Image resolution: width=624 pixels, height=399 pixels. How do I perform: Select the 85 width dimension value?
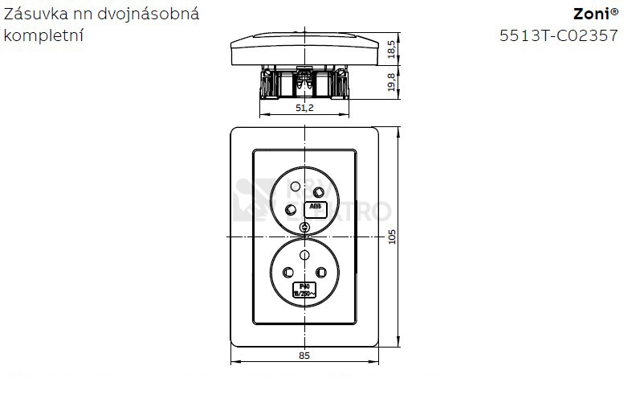pyautogui.click(x=304, y=355)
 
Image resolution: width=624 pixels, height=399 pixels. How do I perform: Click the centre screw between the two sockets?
pyautogui.click(x=304, y=229)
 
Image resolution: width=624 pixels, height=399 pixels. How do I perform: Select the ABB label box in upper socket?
pyautogui.click(x=314, y=208)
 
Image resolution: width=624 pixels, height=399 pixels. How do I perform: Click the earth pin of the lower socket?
pyautogui.click(x=304, y=255)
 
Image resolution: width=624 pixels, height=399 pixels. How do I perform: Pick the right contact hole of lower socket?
pyautogui.click(x=321, y=272)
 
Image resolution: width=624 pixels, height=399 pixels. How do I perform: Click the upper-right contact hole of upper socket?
pyautogui.click(x=320, y=191)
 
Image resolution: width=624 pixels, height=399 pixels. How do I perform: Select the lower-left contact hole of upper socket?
pyautogui.click(x=291, y=210)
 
